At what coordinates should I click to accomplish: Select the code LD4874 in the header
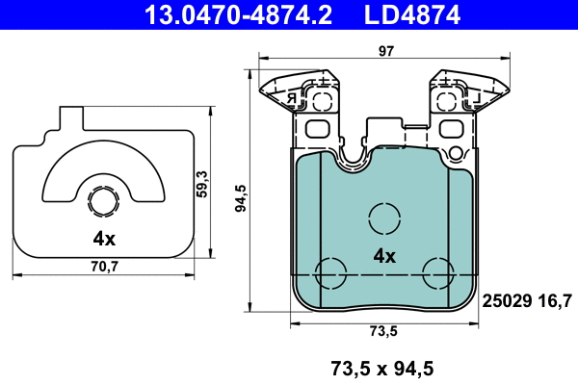click(x=410, y=14)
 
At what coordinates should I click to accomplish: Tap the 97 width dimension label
click(x=386, y=55)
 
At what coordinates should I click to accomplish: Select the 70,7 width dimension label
click(x=106, y=267)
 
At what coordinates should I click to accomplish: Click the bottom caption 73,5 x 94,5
click(x=382, y=367)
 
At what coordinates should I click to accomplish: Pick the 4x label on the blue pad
click(x=384, y=256)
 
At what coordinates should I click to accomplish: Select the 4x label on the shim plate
click(x=104, y=239)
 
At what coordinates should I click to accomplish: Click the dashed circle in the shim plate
click(x=102, y=202)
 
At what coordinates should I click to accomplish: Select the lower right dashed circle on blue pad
click(x=437, y=272)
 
